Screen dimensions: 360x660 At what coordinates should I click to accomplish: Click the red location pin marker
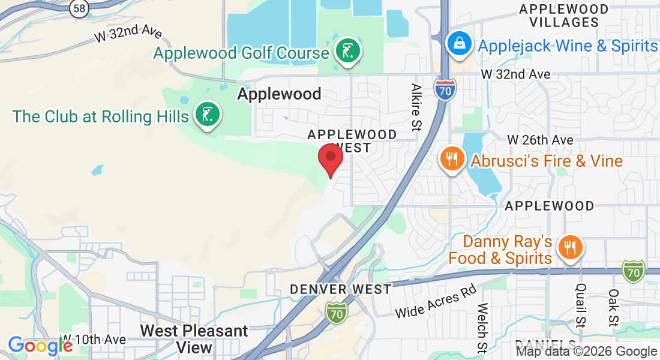pos(330,158)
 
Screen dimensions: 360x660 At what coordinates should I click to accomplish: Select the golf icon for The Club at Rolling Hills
pos(207,114)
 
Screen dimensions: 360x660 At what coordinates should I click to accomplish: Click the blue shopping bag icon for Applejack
pos(459,44)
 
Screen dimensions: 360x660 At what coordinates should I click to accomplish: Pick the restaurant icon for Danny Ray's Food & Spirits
pos(568,247)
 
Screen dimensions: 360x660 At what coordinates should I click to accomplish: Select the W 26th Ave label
pos(540,139)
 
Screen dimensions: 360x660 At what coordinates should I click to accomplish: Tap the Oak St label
pos(613,308)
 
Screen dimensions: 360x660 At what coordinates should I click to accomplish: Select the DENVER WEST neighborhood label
pos(340,289)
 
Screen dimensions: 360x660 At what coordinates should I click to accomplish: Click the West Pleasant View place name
pos(194,339)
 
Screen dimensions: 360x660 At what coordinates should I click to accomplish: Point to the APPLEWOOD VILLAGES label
pos(563,16)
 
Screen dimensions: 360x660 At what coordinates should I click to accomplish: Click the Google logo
pos(40,346)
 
